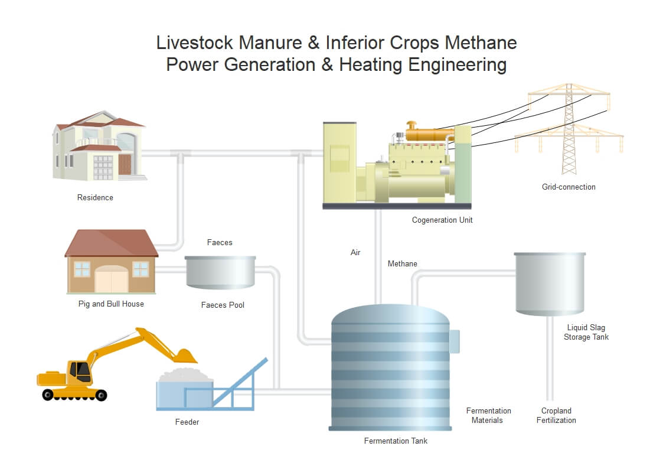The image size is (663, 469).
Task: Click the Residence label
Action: click(x=95, y=197)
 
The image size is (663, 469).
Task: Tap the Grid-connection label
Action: click(x=569, y=187)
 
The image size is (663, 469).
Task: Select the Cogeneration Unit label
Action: click(x=442, y=220)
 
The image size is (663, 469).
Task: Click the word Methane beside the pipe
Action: click(x=402, y=263)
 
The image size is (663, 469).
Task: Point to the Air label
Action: click(x=355, y=252)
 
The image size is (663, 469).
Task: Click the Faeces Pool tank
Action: click(x=220, y=272)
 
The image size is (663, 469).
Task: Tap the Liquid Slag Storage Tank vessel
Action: click(x=550, y=284)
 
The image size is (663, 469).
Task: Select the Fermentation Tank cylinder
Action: click(x=390, y=367)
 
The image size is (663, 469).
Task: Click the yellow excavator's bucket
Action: click(x=185, y=357)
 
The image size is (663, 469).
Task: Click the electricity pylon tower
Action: click(x=569, y=129)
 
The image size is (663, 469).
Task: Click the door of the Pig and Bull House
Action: click(x=111, y=279)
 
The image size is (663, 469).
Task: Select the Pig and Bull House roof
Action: click(x=111, y=243)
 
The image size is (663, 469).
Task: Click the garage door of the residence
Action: click(x=103, y=168)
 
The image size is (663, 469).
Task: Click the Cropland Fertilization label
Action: click(x=556, y=415)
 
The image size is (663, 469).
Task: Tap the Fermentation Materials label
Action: click(x=488, y=415)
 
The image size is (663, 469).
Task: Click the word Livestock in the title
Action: click(x=194, y=43)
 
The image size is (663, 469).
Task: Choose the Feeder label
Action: click(x=187, y=422)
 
